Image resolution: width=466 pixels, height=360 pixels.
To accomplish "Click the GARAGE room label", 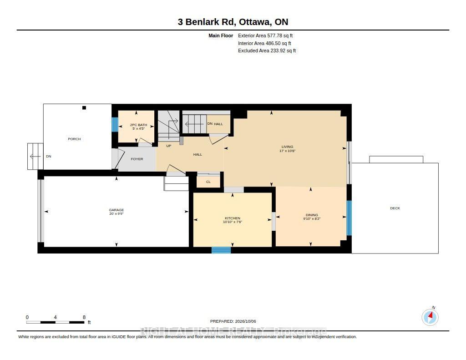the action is pyautogui.click(x=116, y=210).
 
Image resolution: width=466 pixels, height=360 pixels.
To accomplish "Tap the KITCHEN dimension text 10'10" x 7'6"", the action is pyautogui.click(x=233, y=222).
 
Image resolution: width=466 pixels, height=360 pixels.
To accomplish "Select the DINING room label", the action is pyautogui.click(x=312, y=215).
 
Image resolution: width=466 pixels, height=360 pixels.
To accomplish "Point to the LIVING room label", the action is pyautogui.click(x=288, y=147).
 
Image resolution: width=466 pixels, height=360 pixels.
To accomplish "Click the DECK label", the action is pyautogui.click(x=395, y=208).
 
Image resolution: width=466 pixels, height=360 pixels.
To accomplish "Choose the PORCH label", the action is pyautogui.click(x=74, y=139).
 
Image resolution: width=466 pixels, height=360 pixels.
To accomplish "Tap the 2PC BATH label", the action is pyautogui.click(x=138, y=125).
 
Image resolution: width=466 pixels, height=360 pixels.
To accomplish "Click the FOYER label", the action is pyautogui.click(x=137, y=159).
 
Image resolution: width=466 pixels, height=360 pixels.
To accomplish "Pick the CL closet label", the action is pyautogui.click(x=208, y=182).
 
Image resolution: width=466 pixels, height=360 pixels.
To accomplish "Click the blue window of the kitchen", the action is pyautogui.click(x=221, y=250).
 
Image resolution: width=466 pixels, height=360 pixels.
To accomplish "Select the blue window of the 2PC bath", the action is pyautogui.click(x=115, y=124).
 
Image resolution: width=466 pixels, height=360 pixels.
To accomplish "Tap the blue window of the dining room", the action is pyautogui.click(x=349, y=218).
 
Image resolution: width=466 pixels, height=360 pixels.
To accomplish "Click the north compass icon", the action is pyautogui.click(x=430, y=317).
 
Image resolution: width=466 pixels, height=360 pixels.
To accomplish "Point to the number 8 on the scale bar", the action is pyautogui.click(x=84, y=317).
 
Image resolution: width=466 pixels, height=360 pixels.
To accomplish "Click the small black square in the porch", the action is pyautogui.click(x=84, y=108).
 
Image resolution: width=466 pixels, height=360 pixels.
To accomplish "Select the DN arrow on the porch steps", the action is pyautogui.click(x=35, y=157).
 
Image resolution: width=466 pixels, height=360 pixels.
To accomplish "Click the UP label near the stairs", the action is pyautogui.click(x=169, y=146).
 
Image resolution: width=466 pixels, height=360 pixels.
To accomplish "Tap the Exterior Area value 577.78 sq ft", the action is pyautogui.click(x=280, y=35).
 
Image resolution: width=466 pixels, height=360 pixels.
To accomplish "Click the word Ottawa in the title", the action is pyautogui.click(x=255, y=22).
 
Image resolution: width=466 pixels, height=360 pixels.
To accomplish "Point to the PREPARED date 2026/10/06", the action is pyautogui.click(x=245, y=321).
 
